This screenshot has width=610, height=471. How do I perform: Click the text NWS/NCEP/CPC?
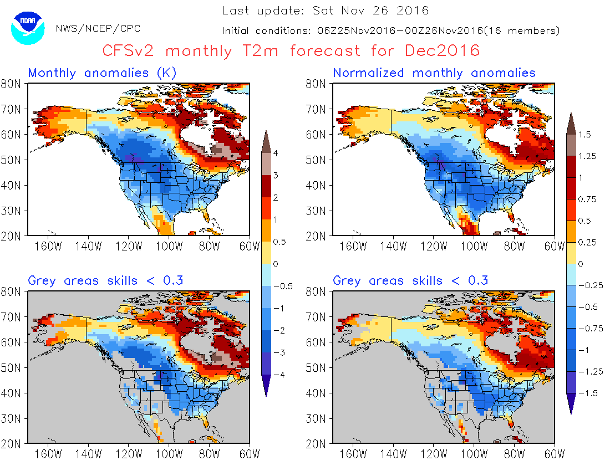[98, 28]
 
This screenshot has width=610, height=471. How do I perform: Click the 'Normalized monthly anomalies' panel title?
[434, 73]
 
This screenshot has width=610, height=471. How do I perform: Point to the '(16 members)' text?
[521, 31]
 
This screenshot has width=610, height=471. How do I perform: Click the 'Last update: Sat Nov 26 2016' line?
[326, 11]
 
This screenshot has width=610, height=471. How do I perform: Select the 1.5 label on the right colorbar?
[584, 134]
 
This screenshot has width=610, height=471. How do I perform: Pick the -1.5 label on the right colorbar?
[587, 393]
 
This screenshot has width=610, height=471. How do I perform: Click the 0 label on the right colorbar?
[580, 264]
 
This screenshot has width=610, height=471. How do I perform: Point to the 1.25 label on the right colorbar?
[587, 156]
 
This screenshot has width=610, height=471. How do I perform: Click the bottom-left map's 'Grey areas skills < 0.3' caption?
[105, 280]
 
